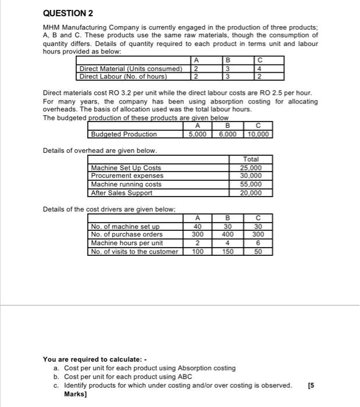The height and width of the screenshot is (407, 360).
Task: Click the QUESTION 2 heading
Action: coord(68,13)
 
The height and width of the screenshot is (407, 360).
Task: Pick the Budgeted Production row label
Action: coord(123,134)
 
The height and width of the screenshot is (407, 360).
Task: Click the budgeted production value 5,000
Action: coord(198,134)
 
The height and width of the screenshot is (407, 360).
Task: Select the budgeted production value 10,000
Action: coord(258,134)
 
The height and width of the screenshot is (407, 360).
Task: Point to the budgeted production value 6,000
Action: coord(227,134)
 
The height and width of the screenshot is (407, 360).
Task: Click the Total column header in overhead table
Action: coord(251,159)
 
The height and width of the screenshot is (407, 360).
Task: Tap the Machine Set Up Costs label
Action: coord(126,168)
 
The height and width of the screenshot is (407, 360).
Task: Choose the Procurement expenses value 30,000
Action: coord(251,176)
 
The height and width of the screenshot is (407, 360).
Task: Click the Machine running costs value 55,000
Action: coord(251,184)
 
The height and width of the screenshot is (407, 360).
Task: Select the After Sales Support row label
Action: coord(122,193)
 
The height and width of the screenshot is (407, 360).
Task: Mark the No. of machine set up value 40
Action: coord(198,227)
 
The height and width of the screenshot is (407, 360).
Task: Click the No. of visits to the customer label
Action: coord(134,251)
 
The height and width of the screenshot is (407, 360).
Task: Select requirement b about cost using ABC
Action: coord(134,376)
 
